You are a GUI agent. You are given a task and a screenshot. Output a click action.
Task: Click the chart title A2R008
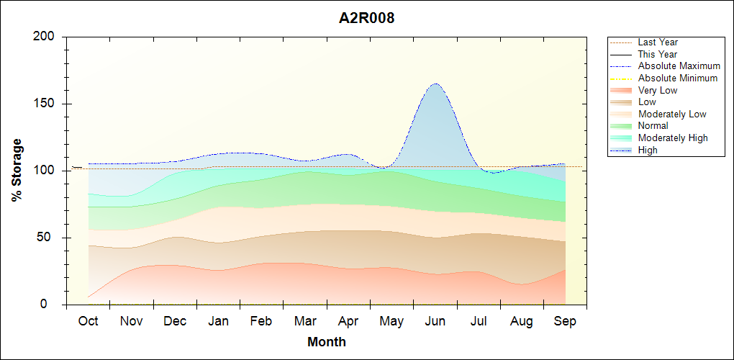click(366, 18)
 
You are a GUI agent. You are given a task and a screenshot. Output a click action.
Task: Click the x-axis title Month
click(326, 342)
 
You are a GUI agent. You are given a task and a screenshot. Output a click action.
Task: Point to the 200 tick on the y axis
click(47, 37)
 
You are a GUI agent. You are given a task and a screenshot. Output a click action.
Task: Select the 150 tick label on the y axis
click(47, 104)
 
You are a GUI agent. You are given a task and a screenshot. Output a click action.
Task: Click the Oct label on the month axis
click(89, 321)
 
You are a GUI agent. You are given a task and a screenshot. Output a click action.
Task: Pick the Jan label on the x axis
click(218, 321)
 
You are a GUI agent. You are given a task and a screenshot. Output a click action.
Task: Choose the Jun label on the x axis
click(435, 321)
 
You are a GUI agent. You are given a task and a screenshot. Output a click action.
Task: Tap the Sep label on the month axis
click(565, 321)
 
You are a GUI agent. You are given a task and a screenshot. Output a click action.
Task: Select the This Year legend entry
click(657, 54)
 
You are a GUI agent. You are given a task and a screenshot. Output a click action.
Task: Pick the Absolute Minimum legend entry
click(677, 78)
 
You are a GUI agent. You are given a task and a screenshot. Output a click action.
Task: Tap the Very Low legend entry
click(657, 90)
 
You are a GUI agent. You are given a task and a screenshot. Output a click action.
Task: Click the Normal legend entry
click(653, 126)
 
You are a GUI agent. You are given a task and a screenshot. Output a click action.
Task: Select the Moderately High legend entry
click(673, 138)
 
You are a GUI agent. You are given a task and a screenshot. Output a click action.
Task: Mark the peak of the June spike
click(435, 84)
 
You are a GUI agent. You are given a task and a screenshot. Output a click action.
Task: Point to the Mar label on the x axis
click(305, 321)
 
